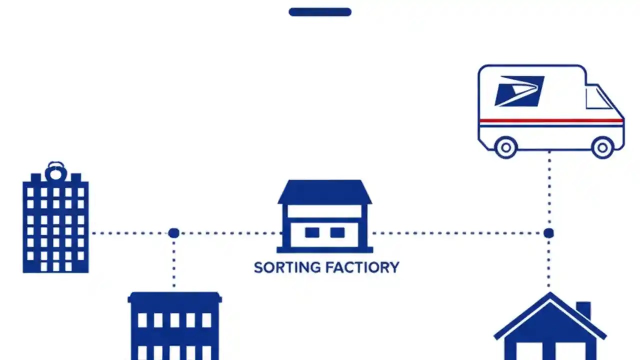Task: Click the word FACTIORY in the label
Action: point(362,267)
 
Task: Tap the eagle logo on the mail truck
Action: point(519,91)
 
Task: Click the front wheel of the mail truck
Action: point(602,147)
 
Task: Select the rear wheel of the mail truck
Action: point(506,147)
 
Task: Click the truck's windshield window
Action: point(597,97)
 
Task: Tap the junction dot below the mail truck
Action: point(548,233)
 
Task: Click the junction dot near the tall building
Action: point(173,233)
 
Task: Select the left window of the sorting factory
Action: point(312,232)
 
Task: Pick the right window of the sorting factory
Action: point(337,232)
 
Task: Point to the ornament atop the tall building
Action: point(55,171)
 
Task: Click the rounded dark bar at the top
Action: point(320,12)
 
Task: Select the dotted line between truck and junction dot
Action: point(549,190)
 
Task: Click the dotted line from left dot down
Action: point(173,262)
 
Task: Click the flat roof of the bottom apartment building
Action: point(174,298)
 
